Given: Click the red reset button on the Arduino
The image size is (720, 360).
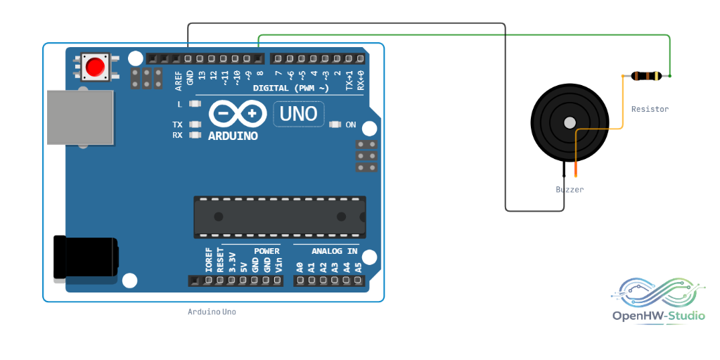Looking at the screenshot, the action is click(95, 67).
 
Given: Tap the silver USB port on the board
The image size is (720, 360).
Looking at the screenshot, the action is click(80, 117).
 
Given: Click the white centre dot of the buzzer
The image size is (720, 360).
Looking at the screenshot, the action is click(570, 122).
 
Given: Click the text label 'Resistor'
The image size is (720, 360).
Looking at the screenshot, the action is click(650, 109).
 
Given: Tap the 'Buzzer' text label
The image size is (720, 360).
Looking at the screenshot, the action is click(570, 189).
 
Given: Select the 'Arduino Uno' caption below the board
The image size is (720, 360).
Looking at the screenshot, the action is click(212, 311).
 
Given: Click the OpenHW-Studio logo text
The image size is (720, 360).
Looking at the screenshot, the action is click(658, 316).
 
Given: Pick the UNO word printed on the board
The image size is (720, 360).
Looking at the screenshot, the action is click(298, 114).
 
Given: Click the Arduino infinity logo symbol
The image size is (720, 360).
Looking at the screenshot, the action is click(238, 114).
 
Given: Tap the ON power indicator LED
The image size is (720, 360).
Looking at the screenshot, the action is click(335, 124).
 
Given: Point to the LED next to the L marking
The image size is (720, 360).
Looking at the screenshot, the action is click(195, 104).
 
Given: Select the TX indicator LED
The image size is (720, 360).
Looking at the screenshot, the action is click(195, 124).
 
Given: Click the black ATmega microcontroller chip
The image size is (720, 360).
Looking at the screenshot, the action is click(280, 217).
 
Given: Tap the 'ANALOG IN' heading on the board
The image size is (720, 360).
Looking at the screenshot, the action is click(334, 251).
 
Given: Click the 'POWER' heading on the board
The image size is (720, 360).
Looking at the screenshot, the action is click(266, 251).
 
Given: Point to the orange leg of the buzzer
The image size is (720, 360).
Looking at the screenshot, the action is click(576, 169).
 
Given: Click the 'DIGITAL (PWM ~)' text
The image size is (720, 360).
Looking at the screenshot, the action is click(291, 88).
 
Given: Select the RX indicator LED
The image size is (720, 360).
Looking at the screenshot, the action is click(195, 135).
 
